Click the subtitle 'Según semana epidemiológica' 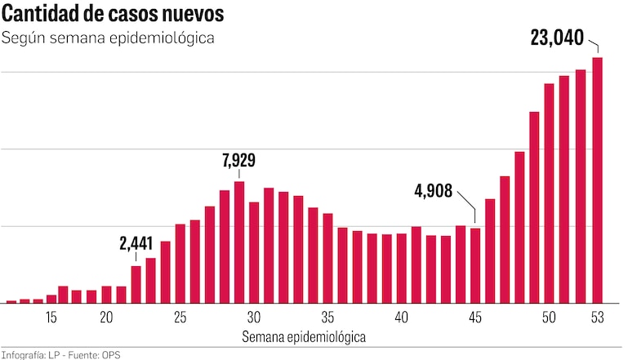(108, 39)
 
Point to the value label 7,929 (238, 160)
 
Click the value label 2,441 (136, 243)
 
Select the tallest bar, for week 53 (598, 180)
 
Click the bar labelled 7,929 (239, 242)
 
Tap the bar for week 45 (475, 265)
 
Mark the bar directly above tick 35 (327, 258)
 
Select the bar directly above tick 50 (549, 193)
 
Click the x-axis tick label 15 (51, 318)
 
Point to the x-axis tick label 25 (180, 318)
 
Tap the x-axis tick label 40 (401, 318)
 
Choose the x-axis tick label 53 (598, 318)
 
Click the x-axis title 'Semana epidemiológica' (304, 336)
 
